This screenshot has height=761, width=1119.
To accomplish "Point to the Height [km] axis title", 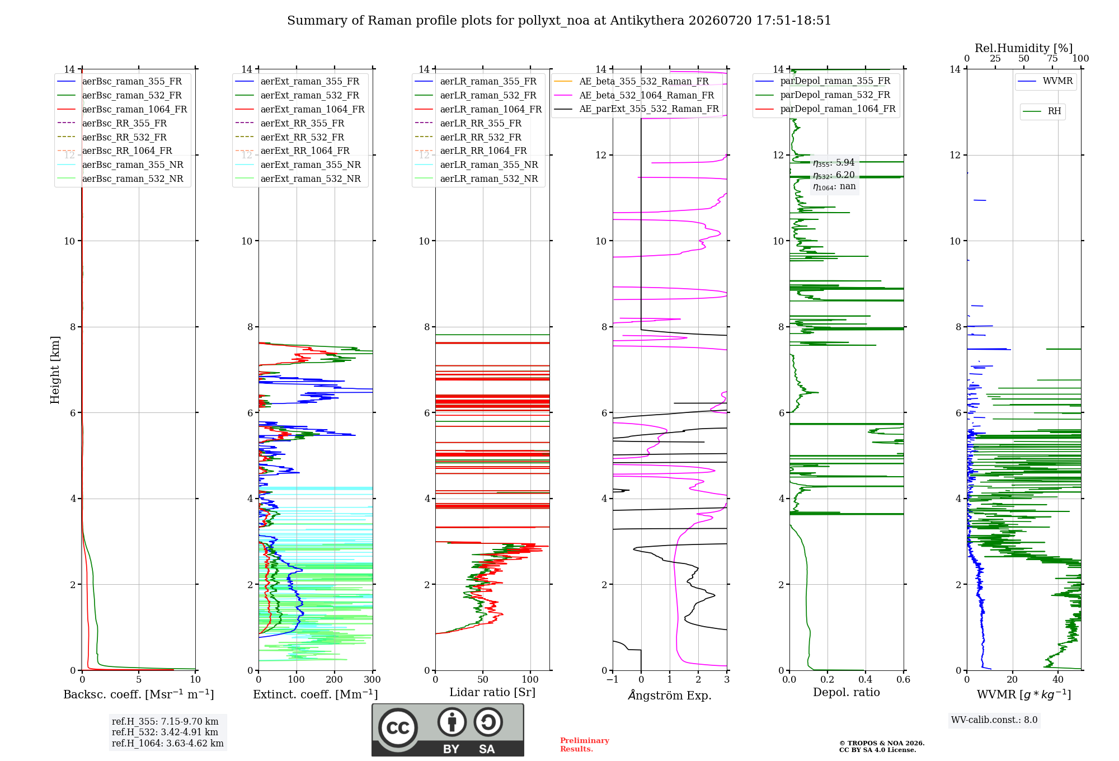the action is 55,370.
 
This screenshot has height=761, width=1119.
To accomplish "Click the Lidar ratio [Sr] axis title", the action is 492,692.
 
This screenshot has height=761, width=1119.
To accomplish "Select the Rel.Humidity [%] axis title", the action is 1024,48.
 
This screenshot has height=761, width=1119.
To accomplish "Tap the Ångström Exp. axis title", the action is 670,695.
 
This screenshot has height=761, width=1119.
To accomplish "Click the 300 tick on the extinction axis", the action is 372,679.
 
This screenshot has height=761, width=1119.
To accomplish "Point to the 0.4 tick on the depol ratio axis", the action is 866,679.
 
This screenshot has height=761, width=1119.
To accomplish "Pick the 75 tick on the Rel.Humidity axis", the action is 1052,58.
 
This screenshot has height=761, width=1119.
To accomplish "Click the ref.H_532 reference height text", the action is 165,732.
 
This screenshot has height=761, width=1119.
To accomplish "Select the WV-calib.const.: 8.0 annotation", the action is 994,720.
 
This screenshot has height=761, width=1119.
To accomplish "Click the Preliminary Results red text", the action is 585,745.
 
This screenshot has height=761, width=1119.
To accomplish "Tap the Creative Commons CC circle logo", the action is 398,727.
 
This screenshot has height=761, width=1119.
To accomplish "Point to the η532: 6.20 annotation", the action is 834,175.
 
